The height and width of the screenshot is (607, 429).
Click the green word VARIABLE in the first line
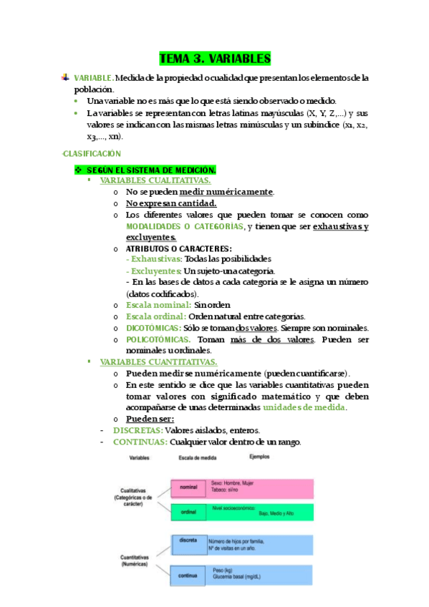pos(92,77)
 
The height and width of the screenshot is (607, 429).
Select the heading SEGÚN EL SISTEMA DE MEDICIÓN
pos(151,170)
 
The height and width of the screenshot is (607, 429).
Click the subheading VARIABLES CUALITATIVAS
pos(155,181)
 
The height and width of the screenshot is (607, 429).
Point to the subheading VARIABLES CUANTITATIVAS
pos(158,362)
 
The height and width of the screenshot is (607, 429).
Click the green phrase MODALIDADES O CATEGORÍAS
pos(184,226)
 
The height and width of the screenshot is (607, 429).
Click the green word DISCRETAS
pos(138,430)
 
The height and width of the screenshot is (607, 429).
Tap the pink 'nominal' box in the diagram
pos(188,487)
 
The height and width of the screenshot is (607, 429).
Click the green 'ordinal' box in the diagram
pos(188,511)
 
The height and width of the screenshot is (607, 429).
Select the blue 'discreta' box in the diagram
pos(188,543)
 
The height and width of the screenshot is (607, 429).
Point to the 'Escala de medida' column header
pos(188,457)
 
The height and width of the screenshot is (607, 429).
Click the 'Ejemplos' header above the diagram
pos(260,456)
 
